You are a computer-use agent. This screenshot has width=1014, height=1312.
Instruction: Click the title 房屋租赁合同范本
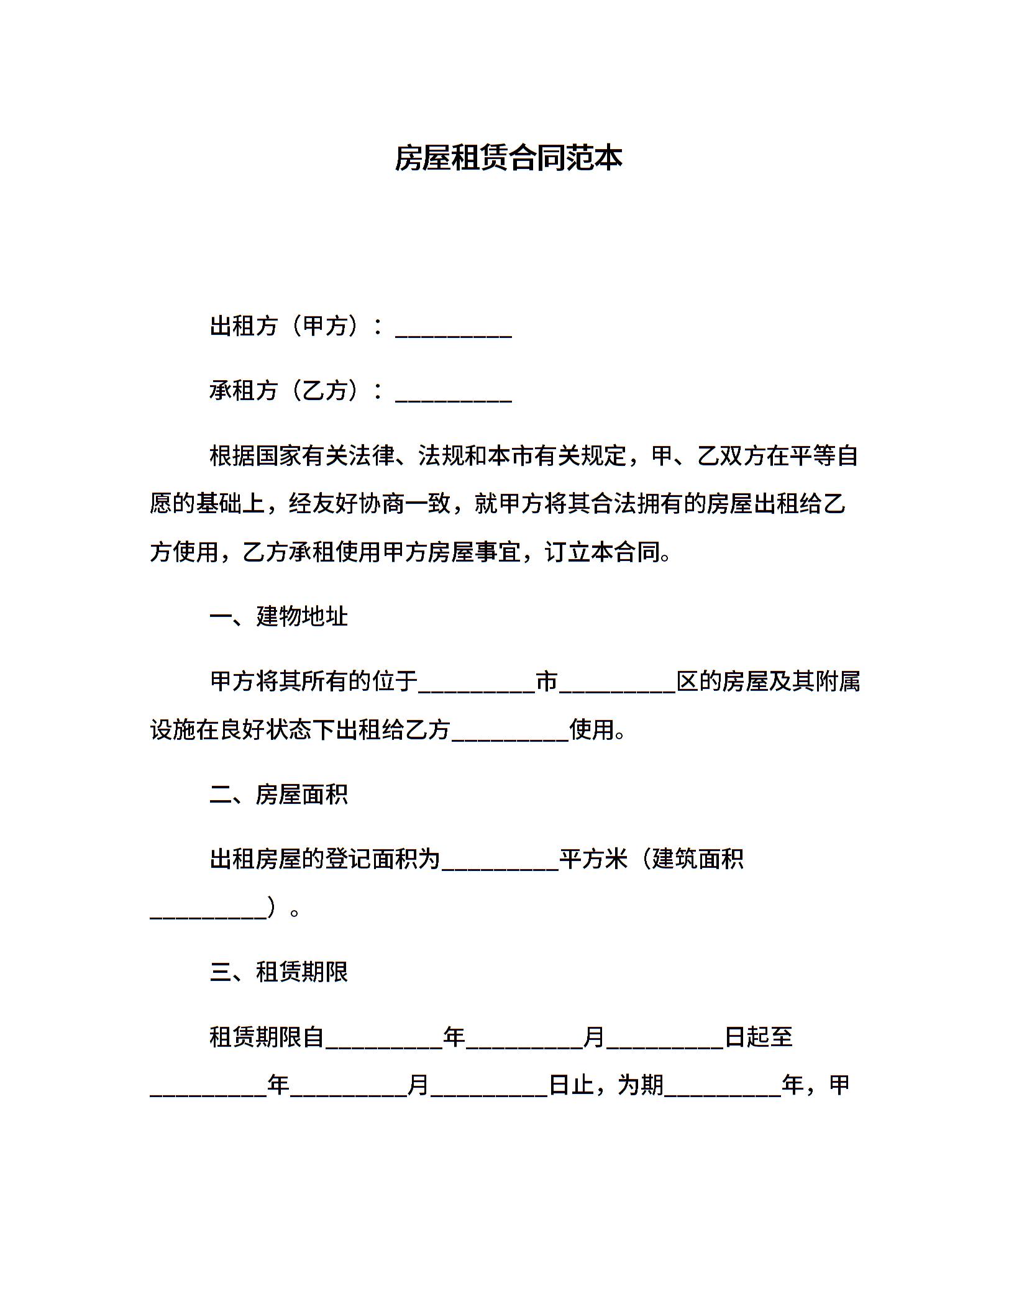click(508, 158)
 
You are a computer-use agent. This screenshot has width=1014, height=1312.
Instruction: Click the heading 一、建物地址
click(278, 617)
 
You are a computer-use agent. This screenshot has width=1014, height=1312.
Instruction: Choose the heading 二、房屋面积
click(278, 795)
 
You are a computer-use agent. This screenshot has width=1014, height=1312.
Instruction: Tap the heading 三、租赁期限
click(278, 972)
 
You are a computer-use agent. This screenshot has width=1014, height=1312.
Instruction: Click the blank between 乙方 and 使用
click(510, 731)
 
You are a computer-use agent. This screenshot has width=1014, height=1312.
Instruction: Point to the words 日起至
click(759, 1037)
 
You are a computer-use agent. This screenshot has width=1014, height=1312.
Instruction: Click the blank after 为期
click(723, 1087)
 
